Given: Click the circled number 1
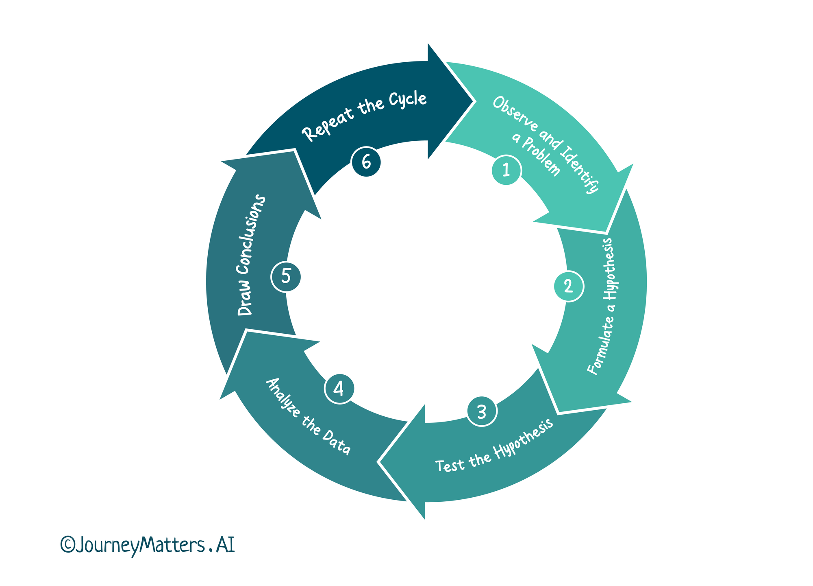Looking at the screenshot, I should (x=506, y=170).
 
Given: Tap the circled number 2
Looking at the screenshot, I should (x=569, y=286).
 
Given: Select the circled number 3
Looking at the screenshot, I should (x=482, y=412).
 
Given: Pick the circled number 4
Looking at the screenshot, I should (x=339, y=389).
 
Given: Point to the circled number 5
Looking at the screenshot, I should (x=286, y=277).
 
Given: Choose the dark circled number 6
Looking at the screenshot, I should (x=366, y=162).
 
